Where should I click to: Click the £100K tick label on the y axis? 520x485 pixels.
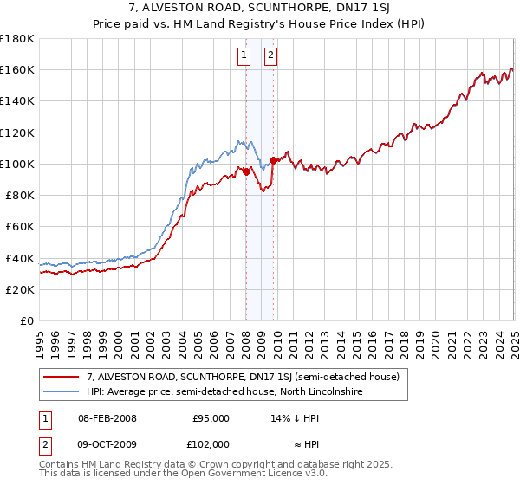click(x=17, y=164)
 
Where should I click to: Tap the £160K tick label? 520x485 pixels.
click(x=17, y=69)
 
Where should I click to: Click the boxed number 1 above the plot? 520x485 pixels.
click(x=245, y=57)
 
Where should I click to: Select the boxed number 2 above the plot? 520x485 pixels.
click(x=270, y=57)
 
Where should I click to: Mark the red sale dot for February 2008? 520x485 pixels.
click(x=246, y=171)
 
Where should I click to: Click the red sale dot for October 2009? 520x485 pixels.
click(x=273, y=160)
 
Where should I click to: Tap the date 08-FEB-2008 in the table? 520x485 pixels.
click(x=107, y=418)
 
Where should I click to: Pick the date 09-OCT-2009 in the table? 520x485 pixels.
click(x=107, y=443)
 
